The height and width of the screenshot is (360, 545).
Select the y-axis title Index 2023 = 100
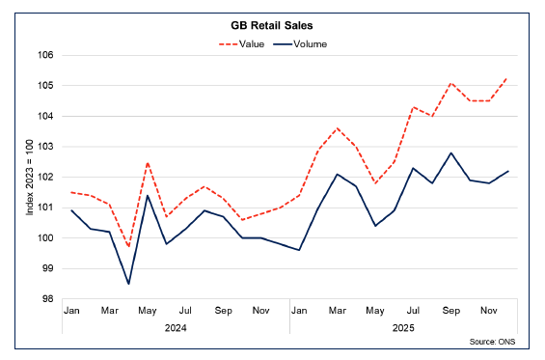(29, 178)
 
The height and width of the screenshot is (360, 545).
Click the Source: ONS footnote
(500, 343)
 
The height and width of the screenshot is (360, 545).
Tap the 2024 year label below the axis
(176, 328)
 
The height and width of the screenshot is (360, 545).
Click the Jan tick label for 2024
(71, 312)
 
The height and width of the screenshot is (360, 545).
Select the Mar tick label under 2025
(338, 312)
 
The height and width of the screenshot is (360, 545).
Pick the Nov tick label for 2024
(261, 312)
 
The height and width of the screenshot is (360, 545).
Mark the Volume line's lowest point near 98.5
(128, 284)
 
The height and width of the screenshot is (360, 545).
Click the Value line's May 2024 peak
(148, 163)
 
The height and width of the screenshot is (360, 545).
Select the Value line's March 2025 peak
(338, 128)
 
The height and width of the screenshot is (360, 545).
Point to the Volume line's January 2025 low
(300, 250)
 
